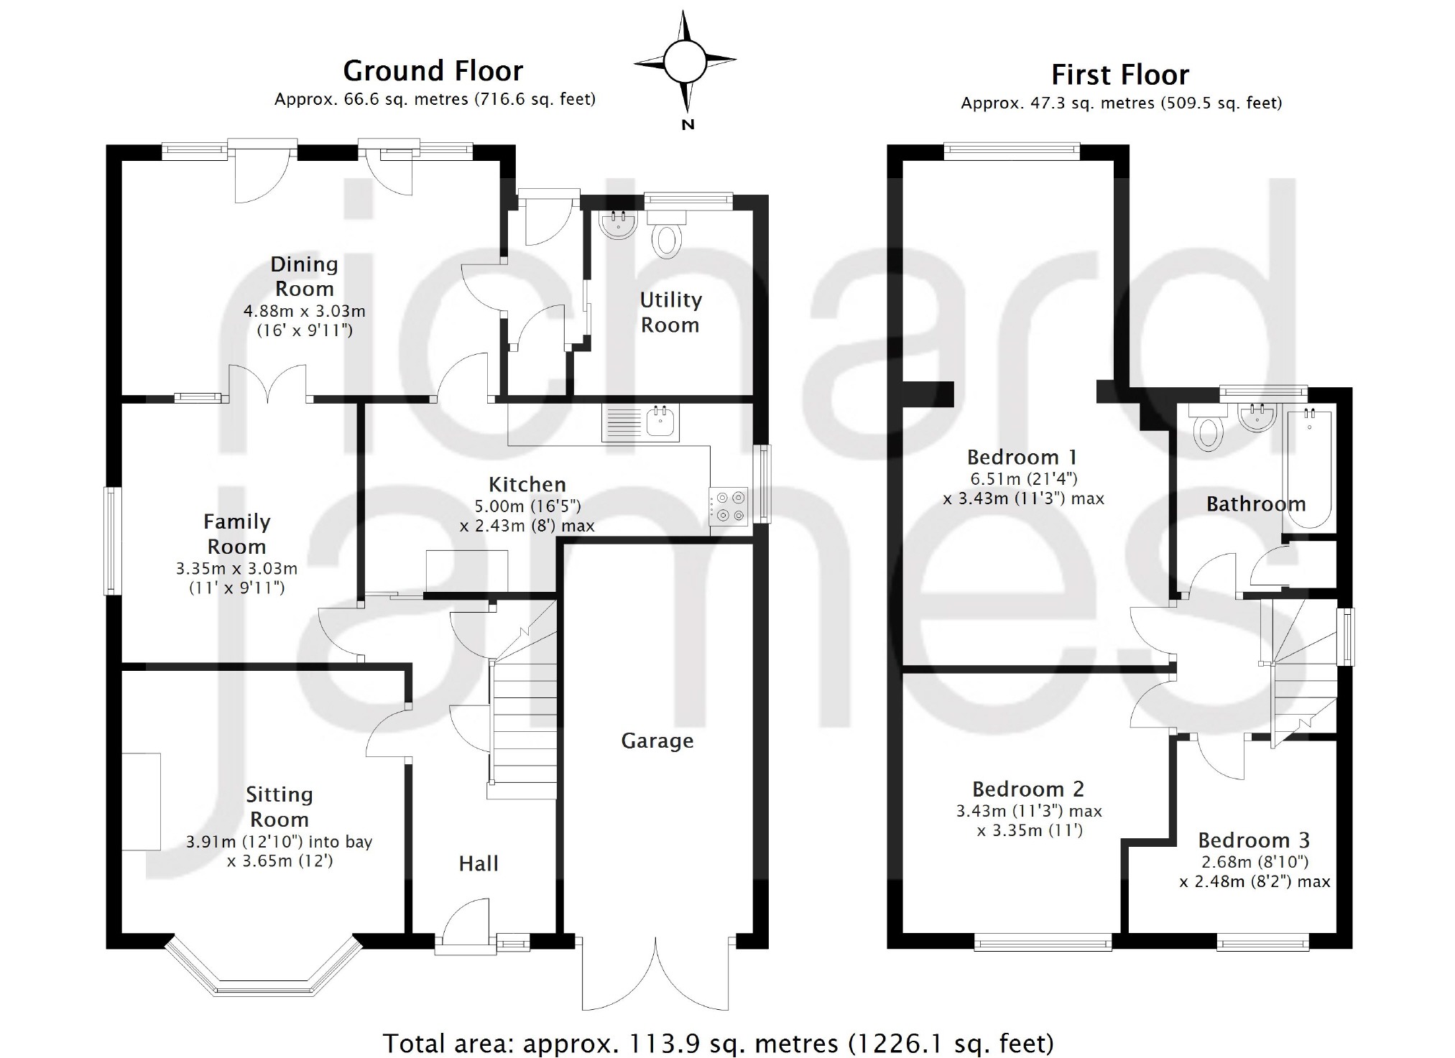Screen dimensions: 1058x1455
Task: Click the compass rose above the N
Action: [685, 62]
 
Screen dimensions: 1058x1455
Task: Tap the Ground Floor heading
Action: [433, 71]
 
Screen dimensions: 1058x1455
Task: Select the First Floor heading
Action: [1120, 75]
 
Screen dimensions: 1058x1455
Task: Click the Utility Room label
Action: [670, 312]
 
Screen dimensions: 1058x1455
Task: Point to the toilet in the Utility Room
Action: [667, 238]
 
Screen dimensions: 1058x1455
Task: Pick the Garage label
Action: [657, 741]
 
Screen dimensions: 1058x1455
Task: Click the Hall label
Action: [479, 863]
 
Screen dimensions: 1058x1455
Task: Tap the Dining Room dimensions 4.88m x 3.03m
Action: [305, 311]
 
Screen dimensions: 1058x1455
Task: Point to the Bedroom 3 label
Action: [1254, 840]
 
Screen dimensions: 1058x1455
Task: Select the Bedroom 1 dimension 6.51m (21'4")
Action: [1023, 478]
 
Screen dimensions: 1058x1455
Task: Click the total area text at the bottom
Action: [719, 1042]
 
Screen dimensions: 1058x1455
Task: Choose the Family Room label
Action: [236, 534]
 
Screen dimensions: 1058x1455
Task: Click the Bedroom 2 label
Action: [1027, 789]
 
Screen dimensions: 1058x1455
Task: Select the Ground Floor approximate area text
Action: [435, 99]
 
